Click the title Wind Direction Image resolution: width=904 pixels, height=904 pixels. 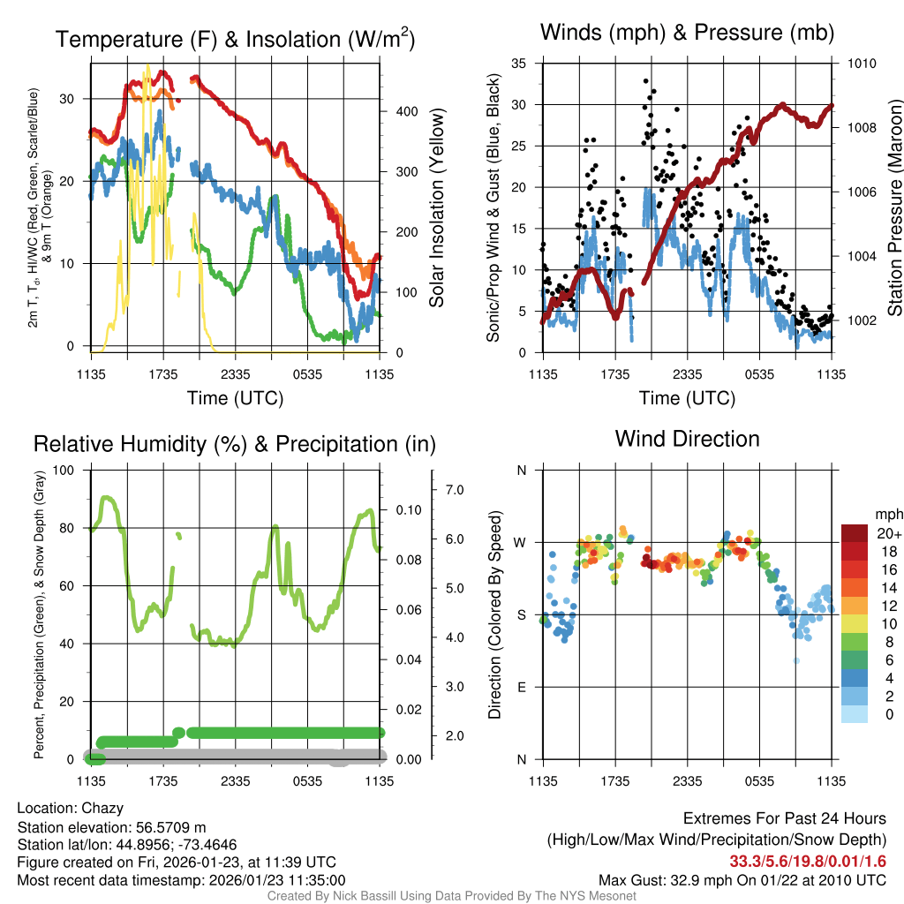click(x=687, y=439)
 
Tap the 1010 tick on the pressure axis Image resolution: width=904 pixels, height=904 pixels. click(x=861, y=64)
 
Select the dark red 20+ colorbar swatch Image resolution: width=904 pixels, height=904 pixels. click(x=855, y=534)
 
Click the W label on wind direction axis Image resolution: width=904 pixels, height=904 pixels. click(x=522, y=542)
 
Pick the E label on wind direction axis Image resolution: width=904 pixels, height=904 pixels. click(x=522, y=687)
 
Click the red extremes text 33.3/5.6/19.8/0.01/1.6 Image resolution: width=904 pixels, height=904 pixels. click(x=808, y=862)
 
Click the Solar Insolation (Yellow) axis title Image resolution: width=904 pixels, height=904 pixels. click(x=436, y=208)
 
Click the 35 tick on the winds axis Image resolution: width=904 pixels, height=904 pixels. click(x=519, y=64)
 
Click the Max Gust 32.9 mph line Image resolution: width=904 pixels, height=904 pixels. click(x=742, y=880)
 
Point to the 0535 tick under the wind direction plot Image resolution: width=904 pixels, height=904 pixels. click(x=760, y=780)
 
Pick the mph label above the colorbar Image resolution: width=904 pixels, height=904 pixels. click(x=887, y=514)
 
